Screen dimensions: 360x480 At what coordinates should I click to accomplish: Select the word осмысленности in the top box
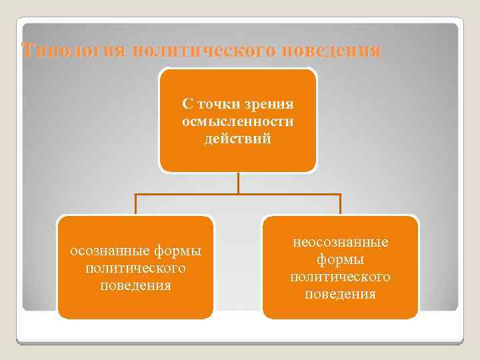pos(237,122)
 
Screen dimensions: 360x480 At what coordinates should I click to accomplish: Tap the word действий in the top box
pos(237,139)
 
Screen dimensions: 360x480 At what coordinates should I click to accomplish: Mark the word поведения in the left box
pos(135,285)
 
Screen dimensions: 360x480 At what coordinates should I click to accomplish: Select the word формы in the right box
pos(341,259)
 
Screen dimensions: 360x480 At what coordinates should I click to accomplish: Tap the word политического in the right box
pos(341,277)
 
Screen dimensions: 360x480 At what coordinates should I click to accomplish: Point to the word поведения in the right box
pos(341,294)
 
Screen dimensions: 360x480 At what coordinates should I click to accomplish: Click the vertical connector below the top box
pos(237,183)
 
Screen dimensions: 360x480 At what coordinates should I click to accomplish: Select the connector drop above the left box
pos(135,204)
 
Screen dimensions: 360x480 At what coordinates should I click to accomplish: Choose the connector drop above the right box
pos(341,204)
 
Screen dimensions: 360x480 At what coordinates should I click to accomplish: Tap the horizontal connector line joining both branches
pos(287,195)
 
